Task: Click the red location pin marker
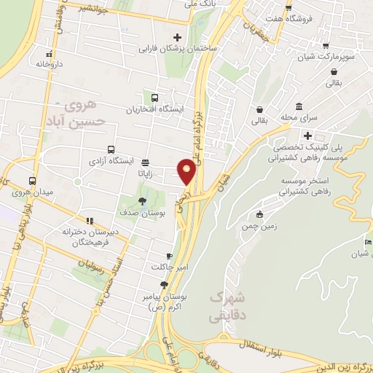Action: point(186,171)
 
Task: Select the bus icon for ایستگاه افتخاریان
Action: point(154,98)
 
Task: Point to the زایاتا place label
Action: point(146,175)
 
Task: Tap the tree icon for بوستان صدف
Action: point(141,201)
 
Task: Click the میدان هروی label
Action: point(31,194)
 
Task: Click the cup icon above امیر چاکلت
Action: point(170,256)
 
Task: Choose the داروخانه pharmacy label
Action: point(49,64)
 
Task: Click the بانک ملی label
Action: point(201,4)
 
